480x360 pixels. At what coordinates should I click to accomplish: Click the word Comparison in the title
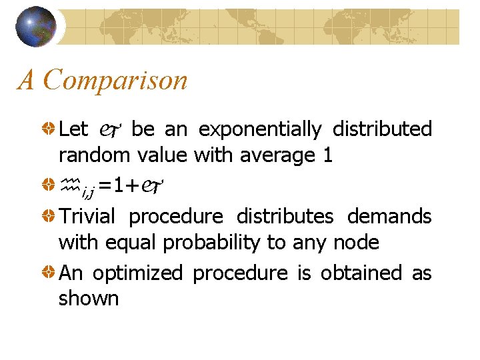coord(115,81)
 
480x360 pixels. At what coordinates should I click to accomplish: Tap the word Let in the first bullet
coord(74,129)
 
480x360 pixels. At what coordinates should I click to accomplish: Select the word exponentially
coord(259,129)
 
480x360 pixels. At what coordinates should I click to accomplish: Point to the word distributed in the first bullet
coord(382,129)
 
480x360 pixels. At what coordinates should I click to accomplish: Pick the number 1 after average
coord(327,155)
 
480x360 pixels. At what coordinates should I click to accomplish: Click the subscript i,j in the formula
coord(87,192)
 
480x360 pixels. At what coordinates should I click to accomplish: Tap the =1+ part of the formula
coord(119,185)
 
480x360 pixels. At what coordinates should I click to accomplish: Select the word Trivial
coord(87,217)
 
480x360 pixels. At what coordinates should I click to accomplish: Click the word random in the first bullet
coord(95,155)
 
